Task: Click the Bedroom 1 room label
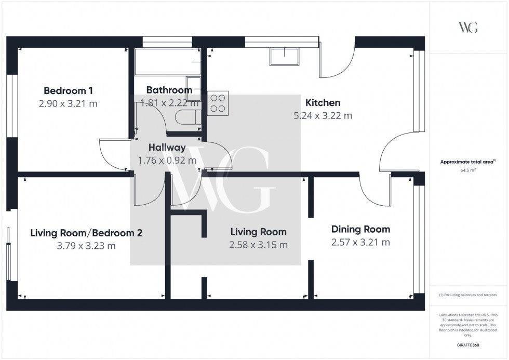tap(68, 90)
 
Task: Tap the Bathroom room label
tap(169, 90)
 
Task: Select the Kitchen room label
tap(323, 102)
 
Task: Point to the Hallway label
tap(167, 148)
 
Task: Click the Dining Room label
tap(360, 229)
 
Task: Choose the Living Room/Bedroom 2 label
tap(86, 233)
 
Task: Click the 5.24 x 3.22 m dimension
tap(323, 116)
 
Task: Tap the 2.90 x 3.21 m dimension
tap(68, 103)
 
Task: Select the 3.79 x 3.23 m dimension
tap(86, 246)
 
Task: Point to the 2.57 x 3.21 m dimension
tap(360, 242)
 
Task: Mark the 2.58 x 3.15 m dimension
tap(259, 245)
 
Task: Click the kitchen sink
tap(284, 57)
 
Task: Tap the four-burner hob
tap(218, 103)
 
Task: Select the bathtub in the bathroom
tap(168, 62)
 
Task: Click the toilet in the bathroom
tap(186, 117)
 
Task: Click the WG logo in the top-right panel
tap(468, 28)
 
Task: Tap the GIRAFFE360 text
tap(468, 344)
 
